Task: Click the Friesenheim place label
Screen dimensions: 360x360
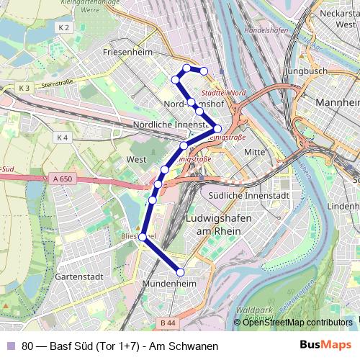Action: tap(126, 53)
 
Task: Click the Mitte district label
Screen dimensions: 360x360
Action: tap(255, 152)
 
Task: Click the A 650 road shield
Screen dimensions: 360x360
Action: tap(63, 179)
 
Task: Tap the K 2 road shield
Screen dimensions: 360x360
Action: tap(63, 27)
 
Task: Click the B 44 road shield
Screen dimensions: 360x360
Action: tap(168, 323)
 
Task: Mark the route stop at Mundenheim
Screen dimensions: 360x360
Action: tap(180, 271)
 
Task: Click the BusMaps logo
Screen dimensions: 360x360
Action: tap(325, 346)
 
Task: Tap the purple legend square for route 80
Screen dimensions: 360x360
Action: tap(10, 346)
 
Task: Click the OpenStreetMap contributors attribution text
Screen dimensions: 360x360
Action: tap(297, 322)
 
